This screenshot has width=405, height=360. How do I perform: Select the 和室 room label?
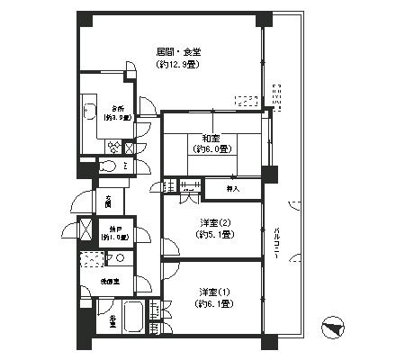point(212,138)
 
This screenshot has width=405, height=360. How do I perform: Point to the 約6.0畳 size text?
point(212,149)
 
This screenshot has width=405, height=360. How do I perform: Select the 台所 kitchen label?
point(116,106)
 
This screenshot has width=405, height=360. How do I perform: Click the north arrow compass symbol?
point(332,327)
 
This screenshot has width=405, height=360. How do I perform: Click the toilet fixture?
point(106,166)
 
